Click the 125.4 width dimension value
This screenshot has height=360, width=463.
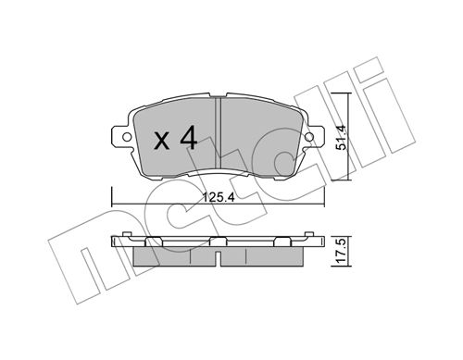pyautogui.click(x=219, y=197)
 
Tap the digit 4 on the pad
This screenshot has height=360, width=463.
pyautogui.click(x=189, y=137)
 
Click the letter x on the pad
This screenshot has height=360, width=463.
pyautogui.click(x=162, y=141)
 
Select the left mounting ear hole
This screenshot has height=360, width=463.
pyautogui.click(x=126, y=137)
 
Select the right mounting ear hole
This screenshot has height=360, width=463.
pyautogui.click(x=309, y=137)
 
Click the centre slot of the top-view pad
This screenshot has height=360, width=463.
pyautogui.click(x=219, y=135)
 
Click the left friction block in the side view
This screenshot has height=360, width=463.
pyautogui.click(x=174, y=256)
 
